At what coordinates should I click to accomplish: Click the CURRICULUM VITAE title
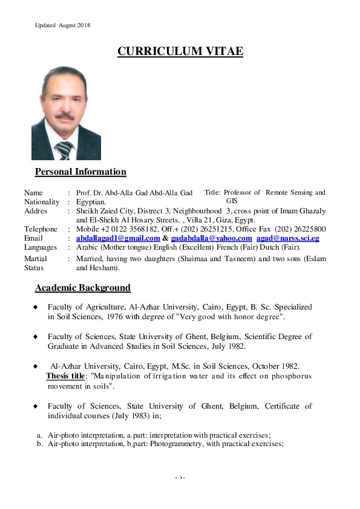(180, 51)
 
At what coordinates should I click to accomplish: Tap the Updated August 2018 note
(62, 25)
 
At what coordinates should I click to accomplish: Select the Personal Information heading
(80, 172)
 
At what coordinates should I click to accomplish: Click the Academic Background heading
(82, 287)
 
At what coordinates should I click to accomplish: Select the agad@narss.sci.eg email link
(287, 238)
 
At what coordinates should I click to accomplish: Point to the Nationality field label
(42, 202)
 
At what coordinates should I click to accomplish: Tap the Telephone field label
(41, 229)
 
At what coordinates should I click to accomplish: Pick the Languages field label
(41, 247)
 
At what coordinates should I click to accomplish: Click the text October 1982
(273, 366)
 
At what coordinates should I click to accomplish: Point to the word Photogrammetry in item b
(176, 444)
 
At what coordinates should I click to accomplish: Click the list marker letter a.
(39, 435)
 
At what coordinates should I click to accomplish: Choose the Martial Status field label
(36, 262)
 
